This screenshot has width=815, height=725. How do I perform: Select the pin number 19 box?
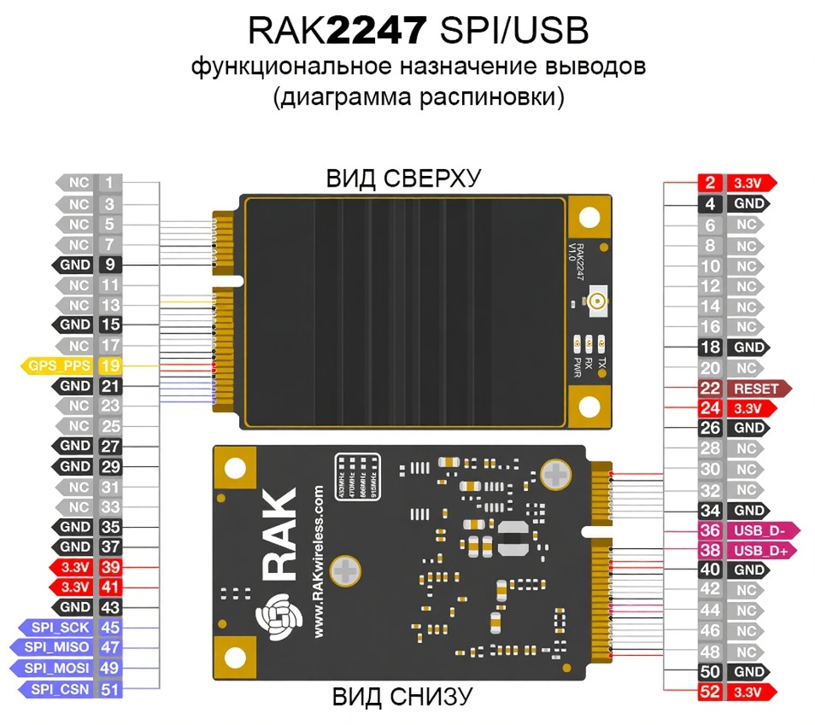(x=110, y=365)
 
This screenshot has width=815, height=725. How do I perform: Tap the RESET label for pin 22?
(x=757, y=389)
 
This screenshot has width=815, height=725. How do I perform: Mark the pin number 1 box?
(x=110, y=183)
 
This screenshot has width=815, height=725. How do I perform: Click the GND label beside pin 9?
(x=75, y=265)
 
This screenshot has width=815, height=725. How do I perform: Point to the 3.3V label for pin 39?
(x=75, y=566)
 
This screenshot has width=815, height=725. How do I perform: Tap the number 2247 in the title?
(x=376, y=32)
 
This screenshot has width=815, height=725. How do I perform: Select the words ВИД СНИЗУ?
(x=402, y=697)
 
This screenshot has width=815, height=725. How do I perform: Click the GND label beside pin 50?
(x=749, y=671)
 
